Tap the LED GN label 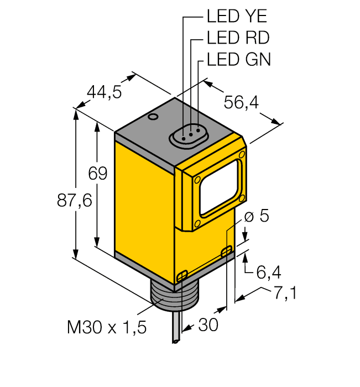coord(238,59)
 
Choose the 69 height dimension coord(97,173)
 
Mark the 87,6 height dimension coord(74,201)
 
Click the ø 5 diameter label coord(257,216)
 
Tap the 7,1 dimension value coord(284,294)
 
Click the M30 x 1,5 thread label coord(107,328)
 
